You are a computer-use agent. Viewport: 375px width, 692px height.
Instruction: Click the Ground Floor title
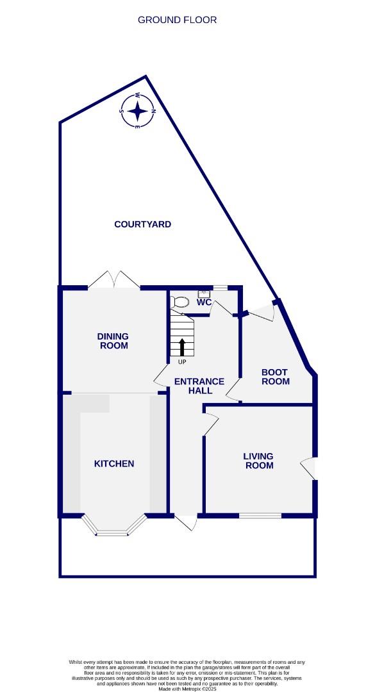[x=178, y=20]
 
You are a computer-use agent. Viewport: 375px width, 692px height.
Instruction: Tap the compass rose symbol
[x=137, y=111]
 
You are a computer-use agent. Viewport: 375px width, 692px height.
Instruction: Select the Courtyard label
[x=142, y=224]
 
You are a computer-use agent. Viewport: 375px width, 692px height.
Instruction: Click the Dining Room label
[x=113, y=341]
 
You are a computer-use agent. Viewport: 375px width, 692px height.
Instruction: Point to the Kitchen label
[x=114, y=463]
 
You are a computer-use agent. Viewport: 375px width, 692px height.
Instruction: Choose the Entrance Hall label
[x=199, y=386]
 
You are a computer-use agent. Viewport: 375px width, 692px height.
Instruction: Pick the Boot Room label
[x=275, y=377]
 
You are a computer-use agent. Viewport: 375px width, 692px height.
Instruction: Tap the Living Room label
[x=258, y=461]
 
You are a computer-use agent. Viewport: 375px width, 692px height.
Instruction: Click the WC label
[x=204, y=302]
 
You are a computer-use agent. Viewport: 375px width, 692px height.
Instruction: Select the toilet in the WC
[x=180, y=302]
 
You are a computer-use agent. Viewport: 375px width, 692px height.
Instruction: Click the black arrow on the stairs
[x=182, y=347]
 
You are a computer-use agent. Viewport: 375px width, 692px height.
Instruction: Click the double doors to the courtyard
[x=114, y=280]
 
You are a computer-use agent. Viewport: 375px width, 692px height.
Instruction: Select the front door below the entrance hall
[x=186, y=522]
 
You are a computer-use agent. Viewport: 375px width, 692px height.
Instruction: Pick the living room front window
[x=260, y=515]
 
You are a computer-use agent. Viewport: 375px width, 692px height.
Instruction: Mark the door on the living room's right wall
[x=309, y=468]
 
